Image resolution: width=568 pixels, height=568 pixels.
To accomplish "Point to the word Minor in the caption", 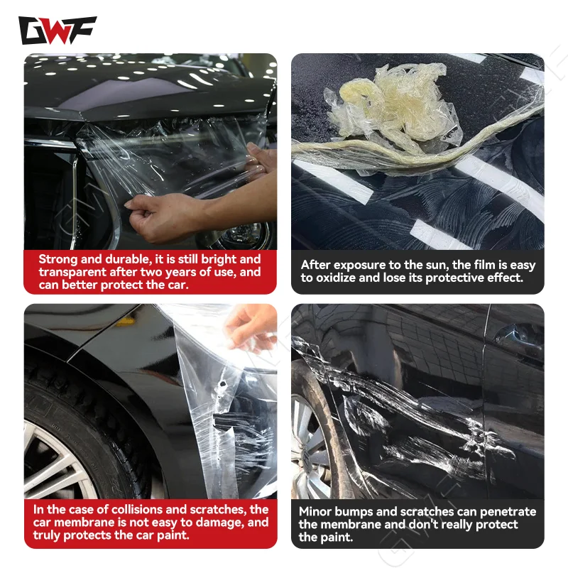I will [317, 511].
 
